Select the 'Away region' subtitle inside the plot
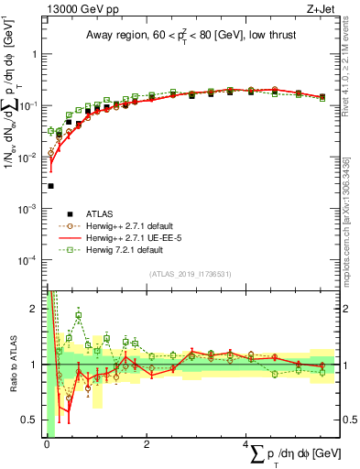click(x=195, y=37)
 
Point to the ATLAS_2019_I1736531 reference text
click(x=194, y=274)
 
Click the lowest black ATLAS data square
click(x=50, y=186)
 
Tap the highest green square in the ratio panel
click(x=80, y=316)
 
